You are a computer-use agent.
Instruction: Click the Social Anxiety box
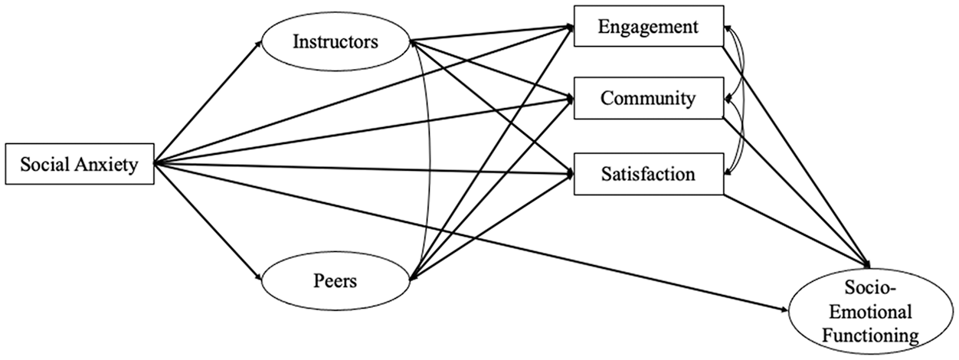80,164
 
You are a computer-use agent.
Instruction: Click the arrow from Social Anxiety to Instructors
208,103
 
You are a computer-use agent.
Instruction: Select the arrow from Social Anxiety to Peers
208,221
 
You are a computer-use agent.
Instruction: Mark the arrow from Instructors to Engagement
492,34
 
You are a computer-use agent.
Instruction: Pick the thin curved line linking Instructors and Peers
428,161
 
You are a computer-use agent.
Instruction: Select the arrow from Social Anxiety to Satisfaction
364,169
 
